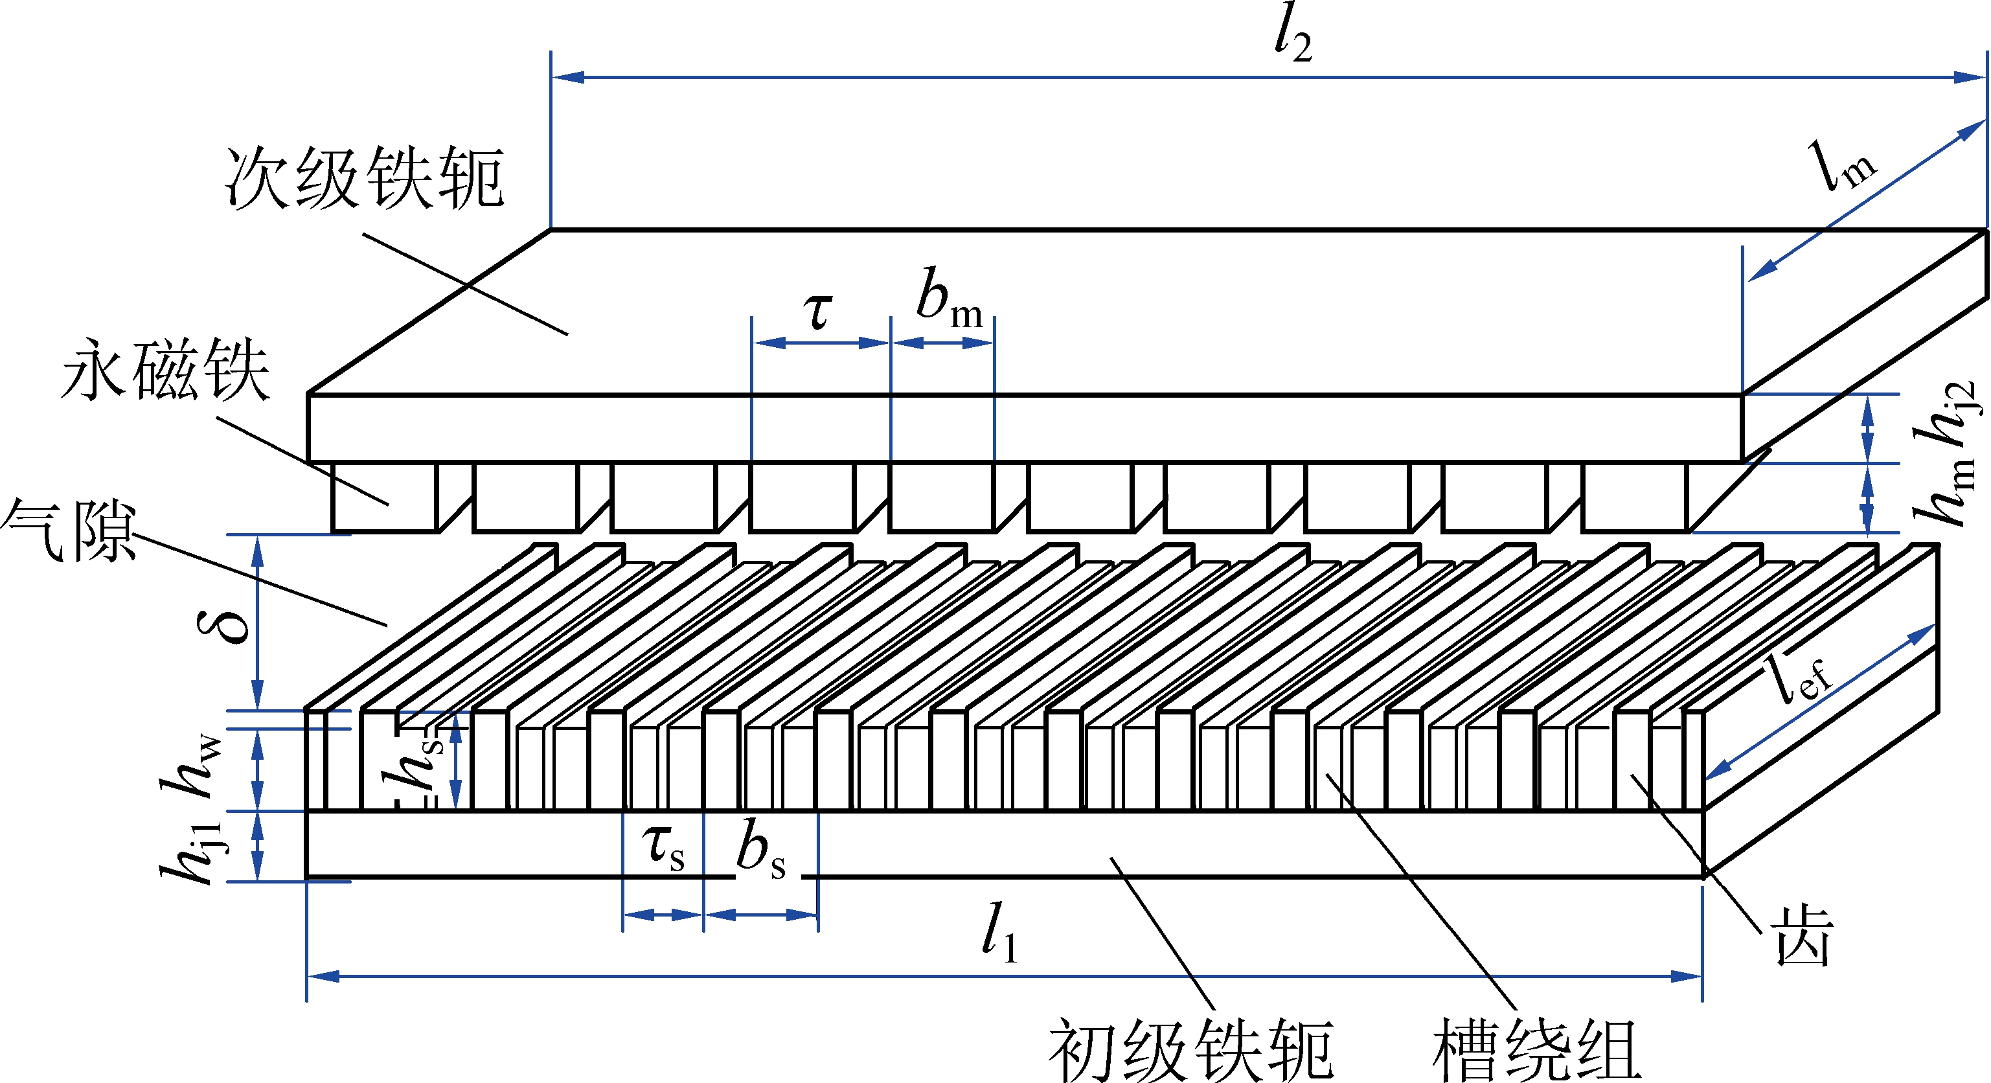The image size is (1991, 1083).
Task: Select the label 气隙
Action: click(x=69, y=530)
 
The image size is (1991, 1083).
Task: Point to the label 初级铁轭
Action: click(x=1191, y=1050)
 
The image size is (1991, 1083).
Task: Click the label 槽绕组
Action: click(x=1536, y=1050)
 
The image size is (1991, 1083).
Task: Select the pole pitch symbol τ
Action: click(x=818, y=311)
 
